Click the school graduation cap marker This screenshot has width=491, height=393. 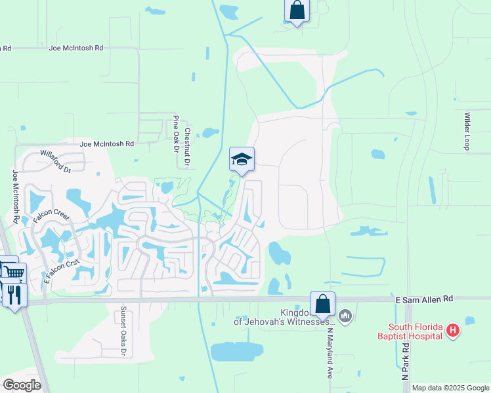click(x=242, y=159)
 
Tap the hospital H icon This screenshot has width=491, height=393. click(x=452, y=331)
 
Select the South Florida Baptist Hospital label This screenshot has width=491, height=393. click(x=417, y=332)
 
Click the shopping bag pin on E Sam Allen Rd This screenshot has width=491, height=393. click(x=322, y=304)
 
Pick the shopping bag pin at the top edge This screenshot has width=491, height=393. click(x=297, y=10)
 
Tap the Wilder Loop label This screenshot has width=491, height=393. click(x=467, y=132)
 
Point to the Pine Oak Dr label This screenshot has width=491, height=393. click(x=176, y=134)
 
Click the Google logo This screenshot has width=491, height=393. click(x=22, y=385)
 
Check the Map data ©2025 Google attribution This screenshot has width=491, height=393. click(x=450, y=388)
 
